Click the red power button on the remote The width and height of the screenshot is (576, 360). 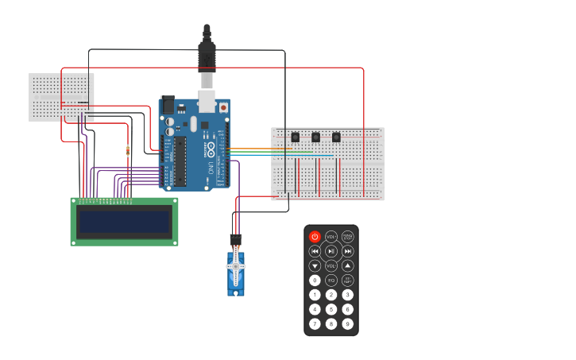pos(315,237)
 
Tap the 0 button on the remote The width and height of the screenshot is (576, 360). pos(315,281)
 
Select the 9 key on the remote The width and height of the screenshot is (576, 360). pos(347,323)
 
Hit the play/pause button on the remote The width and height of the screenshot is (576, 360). pos(331,251)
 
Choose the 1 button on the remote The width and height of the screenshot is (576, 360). pos(315,295)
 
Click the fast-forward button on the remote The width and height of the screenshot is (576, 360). pos(347,251)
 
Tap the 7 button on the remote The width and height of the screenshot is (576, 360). pos(315,323)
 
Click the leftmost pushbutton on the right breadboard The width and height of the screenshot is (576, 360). pos(296,137)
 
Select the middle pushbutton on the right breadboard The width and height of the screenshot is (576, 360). pos(315,137)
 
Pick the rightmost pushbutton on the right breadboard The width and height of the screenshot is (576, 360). pos(336,137)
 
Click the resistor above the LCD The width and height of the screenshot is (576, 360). pos(128,151)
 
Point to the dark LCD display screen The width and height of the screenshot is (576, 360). pos(124,221)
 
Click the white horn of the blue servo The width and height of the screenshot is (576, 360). pos(236,268)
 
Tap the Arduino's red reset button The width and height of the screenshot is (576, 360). pos(224,106)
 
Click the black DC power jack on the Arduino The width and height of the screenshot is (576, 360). pos(168,105)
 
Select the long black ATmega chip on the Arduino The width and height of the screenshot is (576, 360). pos(180,161)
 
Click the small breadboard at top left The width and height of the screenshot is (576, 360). pos(61,97)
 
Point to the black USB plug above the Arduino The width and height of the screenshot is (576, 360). pos(207,56)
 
